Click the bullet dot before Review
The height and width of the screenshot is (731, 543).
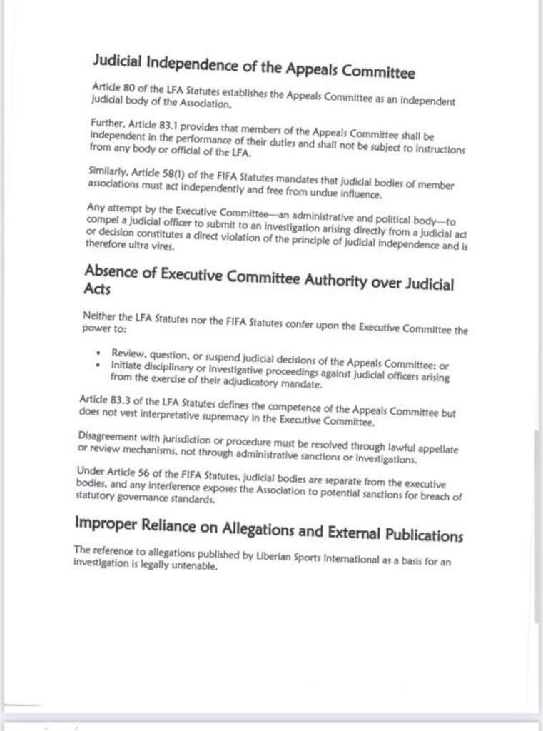point(98,354)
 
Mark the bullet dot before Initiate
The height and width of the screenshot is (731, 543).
point(98,365)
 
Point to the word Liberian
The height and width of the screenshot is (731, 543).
point(276,556)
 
